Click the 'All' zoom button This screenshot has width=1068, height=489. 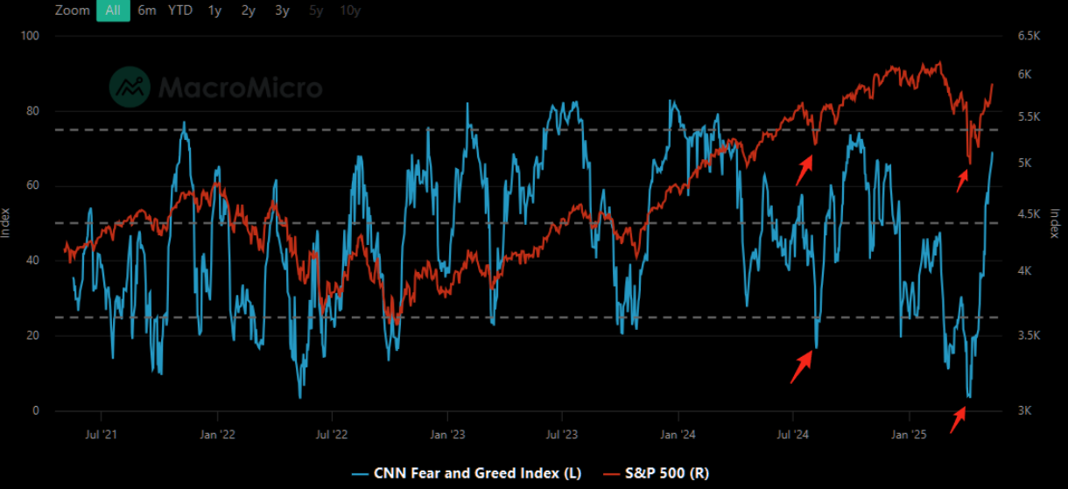coord(113,10)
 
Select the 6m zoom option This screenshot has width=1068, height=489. coord(147,10)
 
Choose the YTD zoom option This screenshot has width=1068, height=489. coord(180,10)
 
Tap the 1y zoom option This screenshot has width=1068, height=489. coord(214,10)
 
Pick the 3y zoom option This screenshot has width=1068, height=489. coord(281,10)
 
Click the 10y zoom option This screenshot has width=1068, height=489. coord(350,10)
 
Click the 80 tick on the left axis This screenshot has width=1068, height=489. coord(35,111)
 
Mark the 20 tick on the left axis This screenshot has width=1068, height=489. coord(35,336)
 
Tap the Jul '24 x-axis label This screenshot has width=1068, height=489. coord(793,434)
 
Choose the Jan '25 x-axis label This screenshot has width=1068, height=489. coord(908,434)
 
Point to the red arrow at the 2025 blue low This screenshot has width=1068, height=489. coord(959,418)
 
